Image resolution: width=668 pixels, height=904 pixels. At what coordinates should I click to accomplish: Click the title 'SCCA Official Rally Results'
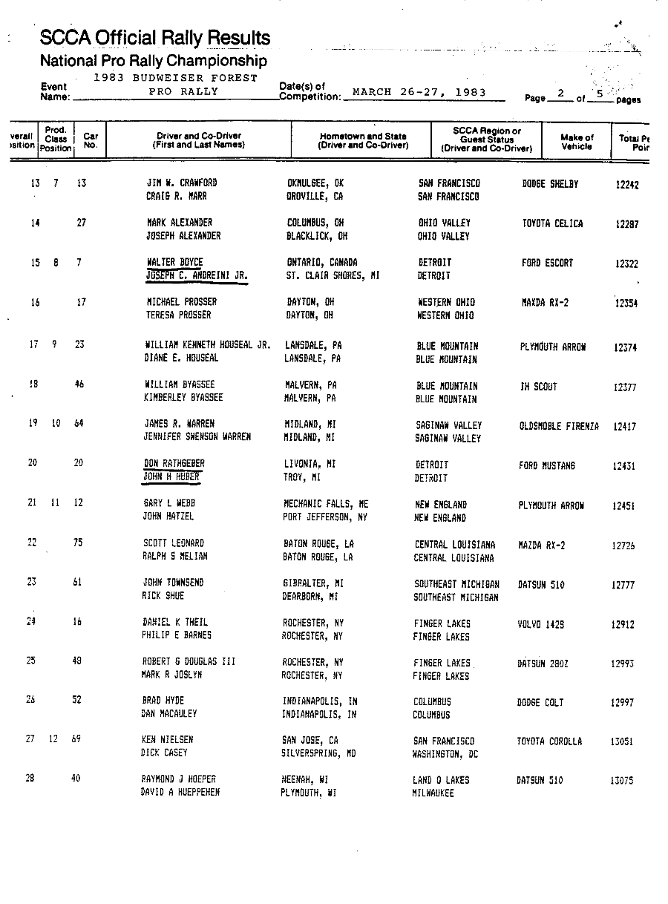tap(155, 37)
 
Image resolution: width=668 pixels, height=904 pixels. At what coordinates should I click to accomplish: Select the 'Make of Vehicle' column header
tap(577, 142)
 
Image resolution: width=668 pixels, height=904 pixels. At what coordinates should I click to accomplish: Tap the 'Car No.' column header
tap(91, 141)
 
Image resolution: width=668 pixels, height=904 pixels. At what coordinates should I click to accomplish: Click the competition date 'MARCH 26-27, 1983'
tap(419, 93)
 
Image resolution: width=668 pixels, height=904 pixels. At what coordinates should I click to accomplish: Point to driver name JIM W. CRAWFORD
tap(182, 183)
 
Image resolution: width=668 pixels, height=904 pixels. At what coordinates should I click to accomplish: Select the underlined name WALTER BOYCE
tap(174, 263)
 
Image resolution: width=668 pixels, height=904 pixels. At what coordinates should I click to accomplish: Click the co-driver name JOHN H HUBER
tap(171, 477)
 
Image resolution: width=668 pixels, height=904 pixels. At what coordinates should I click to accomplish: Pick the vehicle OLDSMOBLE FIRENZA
tap(559, 426)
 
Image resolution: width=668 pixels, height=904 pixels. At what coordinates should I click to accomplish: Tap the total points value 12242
tap(627, 185)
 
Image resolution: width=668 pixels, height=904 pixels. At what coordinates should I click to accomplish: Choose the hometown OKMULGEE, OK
tap(315, 183)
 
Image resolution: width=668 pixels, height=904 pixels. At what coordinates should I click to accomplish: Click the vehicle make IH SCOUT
tap(538, 387)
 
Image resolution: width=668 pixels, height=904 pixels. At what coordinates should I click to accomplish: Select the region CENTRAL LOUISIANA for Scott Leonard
tap(455, 545)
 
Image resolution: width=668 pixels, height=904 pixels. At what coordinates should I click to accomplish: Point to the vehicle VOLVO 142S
tap(540, 624)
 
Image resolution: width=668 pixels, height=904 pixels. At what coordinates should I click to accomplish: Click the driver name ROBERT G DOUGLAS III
tap(189, 661)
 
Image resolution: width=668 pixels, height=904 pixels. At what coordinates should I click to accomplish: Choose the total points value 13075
tap(622, 780)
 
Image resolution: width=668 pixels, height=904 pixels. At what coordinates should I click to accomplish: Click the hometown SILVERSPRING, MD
tap(318, 753)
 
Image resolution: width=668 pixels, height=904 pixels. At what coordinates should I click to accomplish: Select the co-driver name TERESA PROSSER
tap(179, 315)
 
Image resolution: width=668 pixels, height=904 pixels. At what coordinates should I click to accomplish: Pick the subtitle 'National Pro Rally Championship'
tap(154, 61)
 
